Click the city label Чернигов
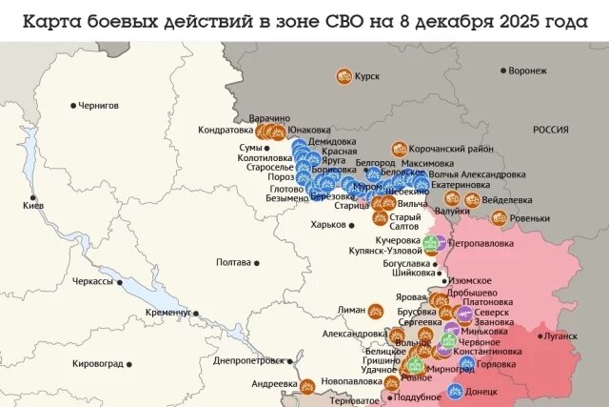click(x=98, y=105)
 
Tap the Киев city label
click(x=33, y=206)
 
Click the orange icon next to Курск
click(x=344, y=76)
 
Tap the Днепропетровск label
click(x=248, y=360)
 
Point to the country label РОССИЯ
click(x=550, y=130)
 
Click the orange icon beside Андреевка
click(x=306, y=386)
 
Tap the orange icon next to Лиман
click(x=376, y=310)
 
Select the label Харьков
click(x=328, y=224)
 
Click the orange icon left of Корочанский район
click(x=398, y=150)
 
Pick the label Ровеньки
click(x=529, y=217)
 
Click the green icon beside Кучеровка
click(x=430, y=242)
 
